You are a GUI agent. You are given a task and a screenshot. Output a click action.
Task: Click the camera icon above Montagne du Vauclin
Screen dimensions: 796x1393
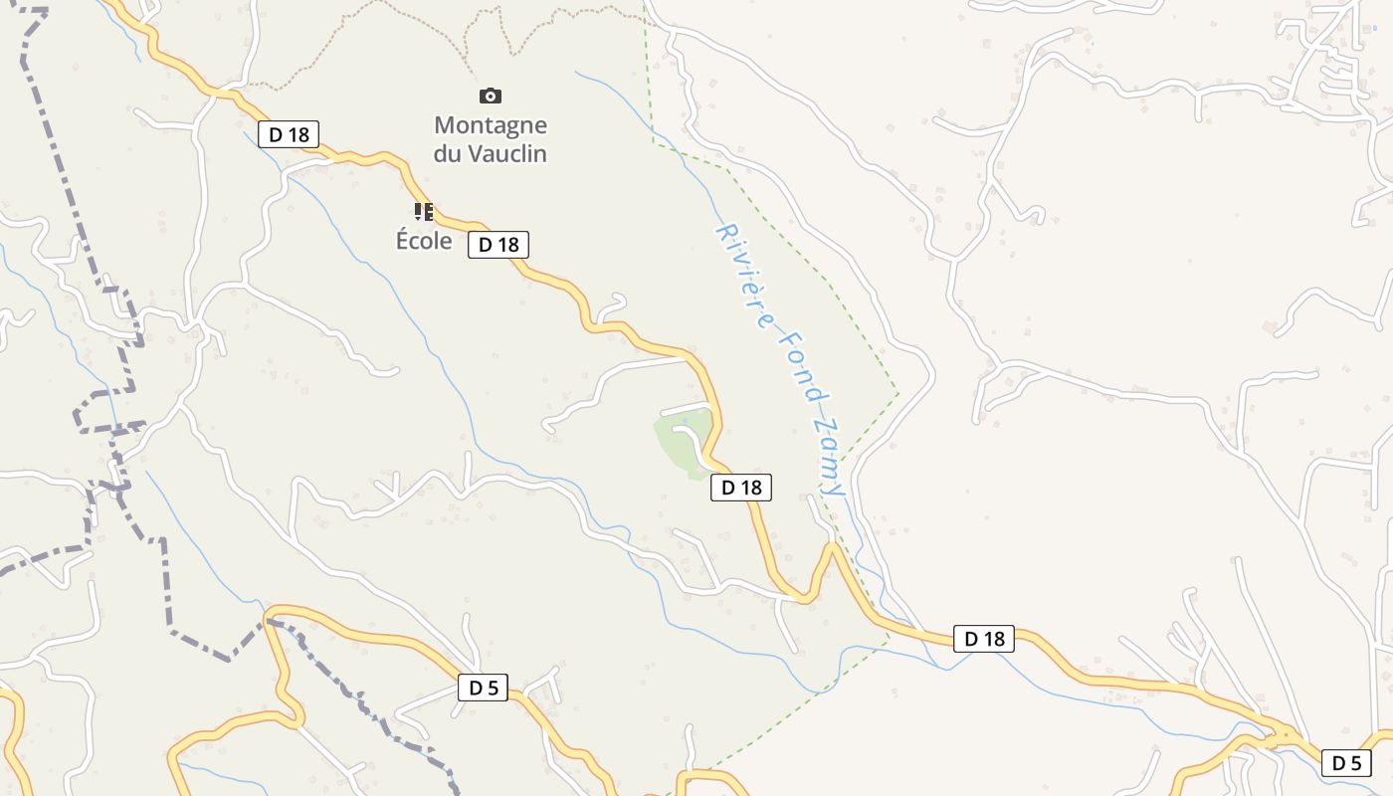click(x=490, y=97)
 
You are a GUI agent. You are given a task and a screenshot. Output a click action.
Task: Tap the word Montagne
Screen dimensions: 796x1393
click(x=491, y=125)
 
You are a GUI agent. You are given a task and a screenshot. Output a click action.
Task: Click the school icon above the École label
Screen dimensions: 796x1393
click(x=424, y=211)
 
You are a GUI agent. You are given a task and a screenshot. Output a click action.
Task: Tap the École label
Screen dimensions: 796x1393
click(x=424, y=241)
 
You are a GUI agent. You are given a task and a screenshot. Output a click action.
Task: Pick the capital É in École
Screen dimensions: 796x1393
click(x=403, y=241)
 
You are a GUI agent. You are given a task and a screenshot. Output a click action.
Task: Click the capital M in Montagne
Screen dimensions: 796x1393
click(x=445, y=125)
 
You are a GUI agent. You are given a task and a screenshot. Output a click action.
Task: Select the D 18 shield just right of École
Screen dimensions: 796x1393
click(x=497, y=245)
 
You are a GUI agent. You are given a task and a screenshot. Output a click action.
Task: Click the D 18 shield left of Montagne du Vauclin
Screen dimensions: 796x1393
click(x=288, y=134)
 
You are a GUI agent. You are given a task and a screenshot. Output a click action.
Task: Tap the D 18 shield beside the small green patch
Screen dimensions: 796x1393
click(x=741, y=488)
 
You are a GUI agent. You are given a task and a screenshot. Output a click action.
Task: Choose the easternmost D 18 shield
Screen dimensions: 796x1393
click(x=984, y=639)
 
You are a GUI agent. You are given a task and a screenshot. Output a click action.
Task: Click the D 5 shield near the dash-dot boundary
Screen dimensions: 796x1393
click(x=483, y=688)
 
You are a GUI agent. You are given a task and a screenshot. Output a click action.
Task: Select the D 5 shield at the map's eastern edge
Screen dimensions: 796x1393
click(x=1346, y=763)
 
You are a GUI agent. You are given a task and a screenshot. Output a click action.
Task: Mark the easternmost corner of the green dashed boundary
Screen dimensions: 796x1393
click(x=898, y=393)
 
